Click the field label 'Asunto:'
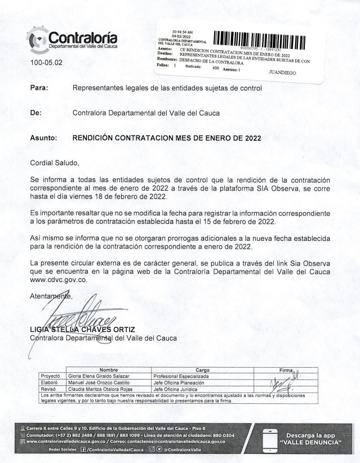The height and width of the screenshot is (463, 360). (x=43, y=137)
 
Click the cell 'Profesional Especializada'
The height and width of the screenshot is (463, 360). (x=181, y=376)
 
